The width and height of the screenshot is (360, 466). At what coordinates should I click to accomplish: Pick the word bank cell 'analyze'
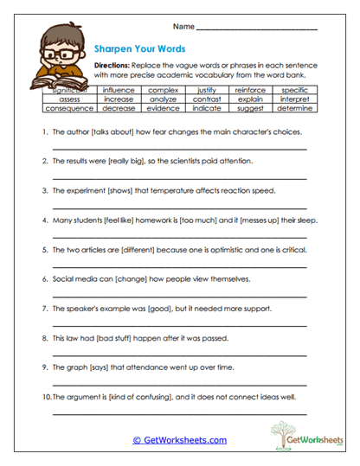tap(162, 99)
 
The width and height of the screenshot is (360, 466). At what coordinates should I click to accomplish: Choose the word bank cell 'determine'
tap(294, 108)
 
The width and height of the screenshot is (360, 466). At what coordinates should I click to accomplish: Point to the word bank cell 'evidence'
tap(162, 108)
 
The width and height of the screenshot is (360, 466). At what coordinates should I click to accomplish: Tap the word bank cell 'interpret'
tap(294, 99)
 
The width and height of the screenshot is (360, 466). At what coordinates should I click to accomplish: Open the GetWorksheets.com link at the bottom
tap(179, 440)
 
